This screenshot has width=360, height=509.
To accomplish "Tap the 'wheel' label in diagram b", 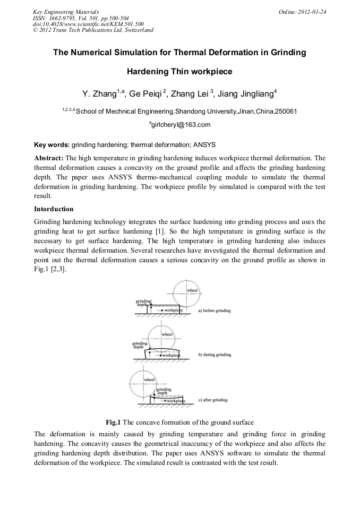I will (167, 334).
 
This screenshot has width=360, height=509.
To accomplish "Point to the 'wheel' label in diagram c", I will (149, 379).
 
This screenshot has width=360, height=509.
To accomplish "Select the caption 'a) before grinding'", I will (214, 310).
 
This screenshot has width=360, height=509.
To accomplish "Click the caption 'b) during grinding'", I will (215, 355).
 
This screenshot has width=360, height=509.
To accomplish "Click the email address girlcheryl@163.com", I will (180, 125).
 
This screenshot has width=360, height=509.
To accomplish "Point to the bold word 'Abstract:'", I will (49, 158).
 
